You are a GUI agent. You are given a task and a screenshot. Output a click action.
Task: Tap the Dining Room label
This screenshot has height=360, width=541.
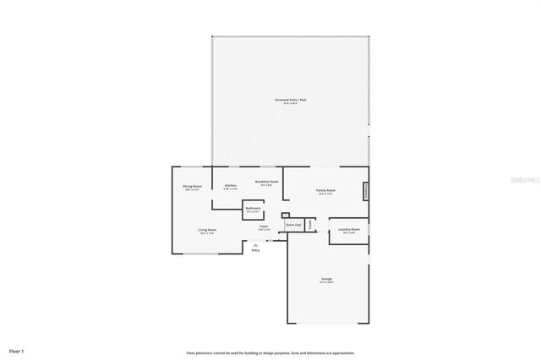192,186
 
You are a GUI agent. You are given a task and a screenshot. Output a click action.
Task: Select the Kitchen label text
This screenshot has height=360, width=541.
230,186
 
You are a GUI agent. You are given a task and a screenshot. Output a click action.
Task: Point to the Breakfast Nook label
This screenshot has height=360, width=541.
267,181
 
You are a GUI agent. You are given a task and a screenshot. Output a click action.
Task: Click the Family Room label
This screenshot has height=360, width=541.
325,190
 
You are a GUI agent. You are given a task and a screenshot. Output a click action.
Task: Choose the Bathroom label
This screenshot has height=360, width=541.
253,208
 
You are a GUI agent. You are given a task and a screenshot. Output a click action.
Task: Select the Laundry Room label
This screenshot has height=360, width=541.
350,229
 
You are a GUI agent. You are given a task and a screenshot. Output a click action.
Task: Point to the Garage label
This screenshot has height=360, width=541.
326,279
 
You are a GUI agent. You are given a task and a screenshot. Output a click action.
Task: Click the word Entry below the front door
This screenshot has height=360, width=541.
255,250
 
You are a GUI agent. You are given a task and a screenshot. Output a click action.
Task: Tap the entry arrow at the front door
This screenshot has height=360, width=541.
255,244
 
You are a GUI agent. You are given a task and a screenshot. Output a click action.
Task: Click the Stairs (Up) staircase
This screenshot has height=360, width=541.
293,225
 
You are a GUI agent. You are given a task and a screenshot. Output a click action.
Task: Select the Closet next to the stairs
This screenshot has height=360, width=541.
310,225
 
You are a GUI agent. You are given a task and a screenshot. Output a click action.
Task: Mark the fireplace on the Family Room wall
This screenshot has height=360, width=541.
366,191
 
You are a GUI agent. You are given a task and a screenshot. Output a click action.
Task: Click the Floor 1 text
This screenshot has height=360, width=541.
17,350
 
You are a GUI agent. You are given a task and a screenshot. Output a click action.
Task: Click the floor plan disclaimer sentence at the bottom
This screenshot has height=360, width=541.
270,352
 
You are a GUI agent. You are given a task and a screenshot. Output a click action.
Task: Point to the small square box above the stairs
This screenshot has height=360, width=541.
286,215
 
